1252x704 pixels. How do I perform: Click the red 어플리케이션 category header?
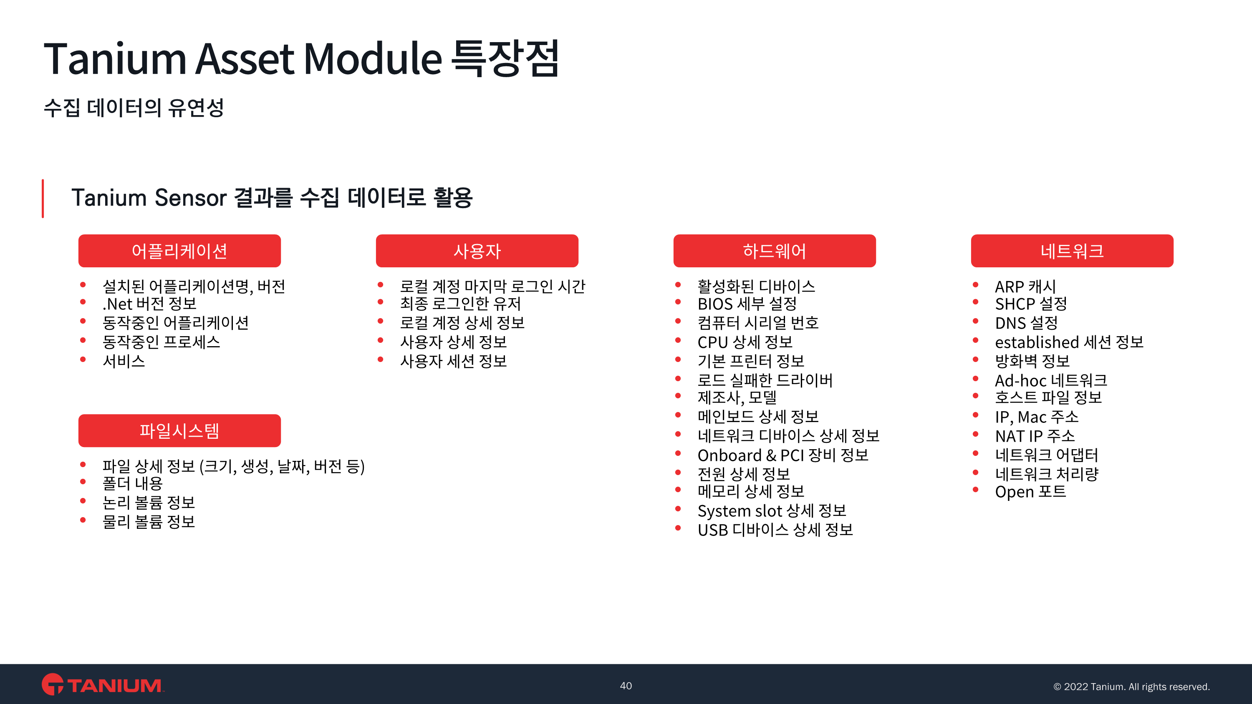pyautogui.click(x=179, y=251)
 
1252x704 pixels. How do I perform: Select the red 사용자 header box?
pyautogui.click(x=477, y=251)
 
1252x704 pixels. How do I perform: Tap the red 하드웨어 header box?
pyautogui.click(x=774, y=251)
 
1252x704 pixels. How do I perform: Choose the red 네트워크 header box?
pyautogui.click(x=1072, y=251)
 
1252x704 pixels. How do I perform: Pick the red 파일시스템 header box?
pyautogui.click(x=179, y=430)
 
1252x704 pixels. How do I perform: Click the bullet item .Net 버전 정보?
pyautogui.click(x=149, y=304)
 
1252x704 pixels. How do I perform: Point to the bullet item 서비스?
pyautogui.click(x=124, y=361)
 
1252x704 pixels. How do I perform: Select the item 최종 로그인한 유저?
pyautogui.click(x=460, y=304)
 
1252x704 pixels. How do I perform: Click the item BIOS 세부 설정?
pyautogui.click(x=747, y=304)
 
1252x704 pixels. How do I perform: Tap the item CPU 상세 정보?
pyautogui.click(x=745, y=342)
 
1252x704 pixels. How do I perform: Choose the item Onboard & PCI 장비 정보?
pyautogui.click(x=783, y=455)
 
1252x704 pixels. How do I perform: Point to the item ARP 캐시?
pyautogui.click(x=1025, y=286)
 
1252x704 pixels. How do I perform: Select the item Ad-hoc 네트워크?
pyautogui.click(x=1051, y=380)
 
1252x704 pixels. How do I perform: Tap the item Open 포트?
pyautogui.click(x=1030, y=492)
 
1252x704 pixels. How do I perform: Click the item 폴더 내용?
pyautogui.click(x=132, y=483)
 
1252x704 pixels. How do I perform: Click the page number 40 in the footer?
pyautogui.click(x=626, y=686)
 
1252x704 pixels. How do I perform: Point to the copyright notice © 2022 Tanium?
pyautogui.click(x=1131, y=686)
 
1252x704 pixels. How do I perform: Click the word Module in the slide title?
pyautogui.click(x=373, y=59)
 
